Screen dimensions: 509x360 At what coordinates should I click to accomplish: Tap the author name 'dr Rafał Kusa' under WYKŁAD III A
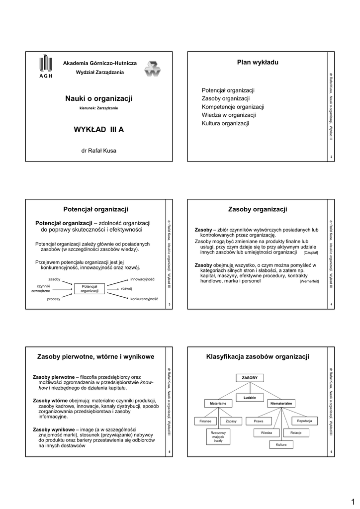[x=98, y=150]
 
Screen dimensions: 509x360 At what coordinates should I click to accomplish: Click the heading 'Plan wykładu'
[x=258, y=62]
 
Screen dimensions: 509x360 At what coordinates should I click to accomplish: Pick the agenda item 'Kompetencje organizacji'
[x=233, y=107]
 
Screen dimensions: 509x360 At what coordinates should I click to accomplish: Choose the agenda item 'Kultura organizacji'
[x=225, y=123]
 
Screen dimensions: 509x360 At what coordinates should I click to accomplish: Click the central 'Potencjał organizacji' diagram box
[x=90, y=288]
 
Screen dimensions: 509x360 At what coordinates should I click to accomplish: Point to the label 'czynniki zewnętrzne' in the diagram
[x=44, y=288]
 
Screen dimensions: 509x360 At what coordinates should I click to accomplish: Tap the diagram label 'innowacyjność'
[x=143, y=279]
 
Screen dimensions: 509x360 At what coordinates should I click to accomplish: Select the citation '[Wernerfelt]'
[x=309, y=281]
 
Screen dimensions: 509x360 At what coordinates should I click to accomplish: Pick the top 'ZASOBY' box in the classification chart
[x=250, y=378]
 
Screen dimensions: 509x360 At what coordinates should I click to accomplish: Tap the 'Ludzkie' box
[x=250, y=398]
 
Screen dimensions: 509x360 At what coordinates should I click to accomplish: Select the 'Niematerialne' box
[x=281, y=403]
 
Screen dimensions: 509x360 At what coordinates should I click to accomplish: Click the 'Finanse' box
[x=205, y=421]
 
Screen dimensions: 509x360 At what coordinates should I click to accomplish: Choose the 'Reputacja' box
[x=304, y=421]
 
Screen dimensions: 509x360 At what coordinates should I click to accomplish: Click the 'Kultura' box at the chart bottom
[x=281, y=444]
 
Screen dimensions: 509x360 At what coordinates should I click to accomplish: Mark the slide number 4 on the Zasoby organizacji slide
[x=331, y=304]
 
